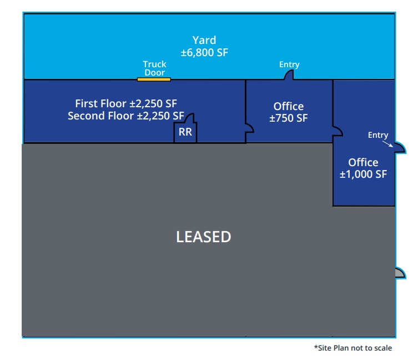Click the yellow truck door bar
coord(154,79)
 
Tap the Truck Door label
coord(154,68)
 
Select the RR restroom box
coord(185,133)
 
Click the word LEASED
coord(203,237)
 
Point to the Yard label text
coord(204,40)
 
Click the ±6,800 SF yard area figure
coord(204,53)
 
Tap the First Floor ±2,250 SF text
coord(126,103)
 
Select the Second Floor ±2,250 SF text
coord(126,116)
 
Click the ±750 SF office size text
coord(289,118)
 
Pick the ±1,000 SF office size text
coord(364,174)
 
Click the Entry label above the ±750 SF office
coord(289,65)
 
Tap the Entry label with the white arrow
coord(378,135)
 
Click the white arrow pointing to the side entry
coord(387,143)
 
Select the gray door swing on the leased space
coord(399,272)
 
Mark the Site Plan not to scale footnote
coord(352,348)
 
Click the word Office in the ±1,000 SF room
coord(363,162)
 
